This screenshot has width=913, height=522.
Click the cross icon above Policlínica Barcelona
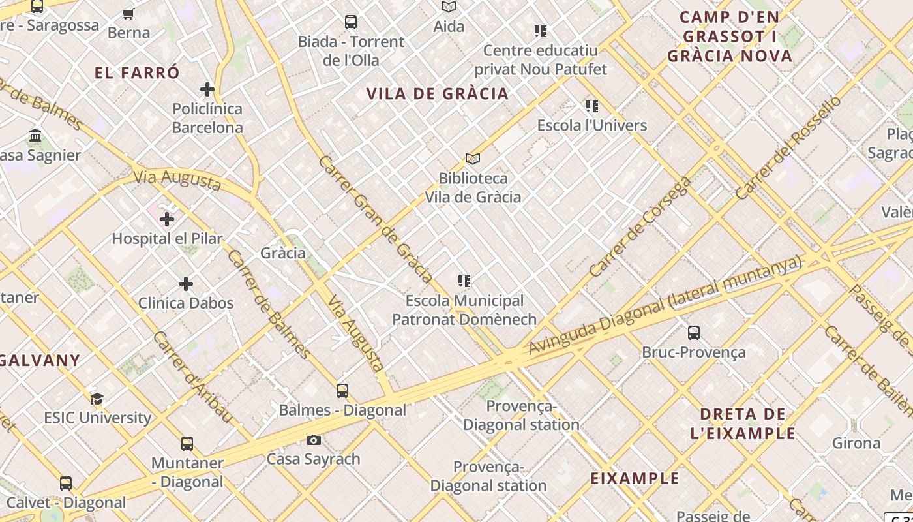tap(207, 89)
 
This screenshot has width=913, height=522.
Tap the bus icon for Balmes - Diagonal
tap(342, 391)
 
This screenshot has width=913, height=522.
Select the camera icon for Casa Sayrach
tap(314, 440)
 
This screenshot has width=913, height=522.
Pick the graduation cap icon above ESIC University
tap(97, 399)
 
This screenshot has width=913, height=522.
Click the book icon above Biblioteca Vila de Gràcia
tap(473, 159)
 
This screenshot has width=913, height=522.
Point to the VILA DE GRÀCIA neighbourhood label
tap(438, 94)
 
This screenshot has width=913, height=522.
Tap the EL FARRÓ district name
tap(137, 73)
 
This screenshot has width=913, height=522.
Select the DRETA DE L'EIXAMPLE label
tap(743, 423)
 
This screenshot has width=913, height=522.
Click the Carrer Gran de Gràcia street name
tap(376, 219)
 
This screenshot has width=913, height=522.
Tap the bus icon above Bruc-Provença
tap(694, 333)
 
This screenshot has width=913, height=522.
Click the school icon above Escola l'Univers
tap(592, 106)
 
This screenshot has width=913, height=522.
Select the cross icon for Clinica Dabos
tap(186, 284)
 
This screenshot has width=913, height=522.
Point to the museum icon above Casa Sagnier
tap(35, 136)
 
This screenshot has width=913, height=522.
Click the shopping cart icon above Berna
tap(128, 14)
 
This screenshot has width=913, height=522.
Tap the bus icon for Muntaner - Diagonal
tap(187, 444)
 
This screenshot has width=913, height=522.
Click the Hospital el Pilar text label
tap(167, 239)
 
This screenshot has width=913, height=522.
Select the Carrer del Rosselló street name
tap(788, 147)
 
